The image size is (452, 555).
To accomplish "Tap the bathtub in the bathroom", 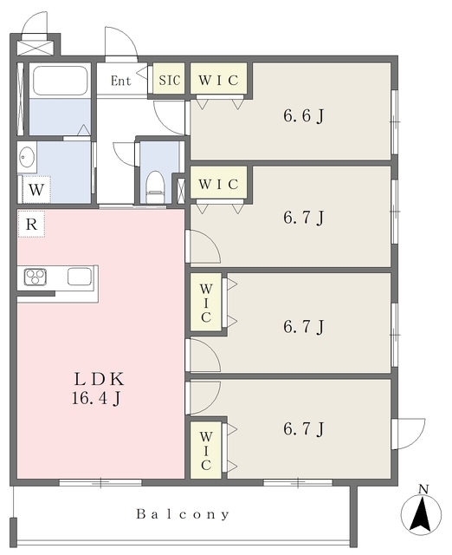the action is [x=60, y=81].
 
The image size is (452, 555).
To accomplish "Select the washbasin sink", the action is [x=27, y=156].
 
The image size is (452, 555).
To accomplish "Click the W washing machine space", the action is [x=36, y=189].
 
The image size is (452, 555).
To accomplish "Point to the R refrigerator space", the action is [x=31, y=224].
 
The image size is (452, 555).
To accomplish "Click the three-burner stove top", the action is [x=36, y=277].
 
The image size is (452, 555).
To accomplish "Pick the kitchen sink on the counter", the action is [x=80, y=277].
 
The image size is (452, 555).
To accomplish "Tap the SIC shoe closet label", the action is [x=169, y=80].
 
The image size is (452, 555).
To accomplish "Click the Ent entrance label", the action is [x=121, y=81].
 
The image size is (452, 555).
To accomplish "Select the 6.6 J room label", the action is [x=304, y=115].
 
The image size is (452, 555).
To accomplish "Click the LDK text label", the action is [x=100, y=380].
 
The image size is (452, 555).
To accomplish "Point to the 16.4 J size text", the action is [x=96, y=399].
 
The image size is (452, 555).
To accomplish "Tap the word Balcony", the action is [x=183, y=514].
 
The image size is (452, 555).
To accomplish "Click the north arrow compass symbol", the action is [x=421, y=512].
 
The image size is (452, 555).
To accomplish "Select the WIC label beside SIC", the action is [x=218, y=80].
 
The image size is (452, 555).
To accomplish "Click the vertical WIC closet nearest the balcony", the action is [x=206, y=450].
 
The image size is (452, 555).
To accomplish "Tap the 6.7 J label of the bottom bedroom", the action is [x=304, y=428].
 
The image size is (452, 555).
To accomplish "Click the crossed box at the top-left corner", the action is [x=35, y=48].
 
